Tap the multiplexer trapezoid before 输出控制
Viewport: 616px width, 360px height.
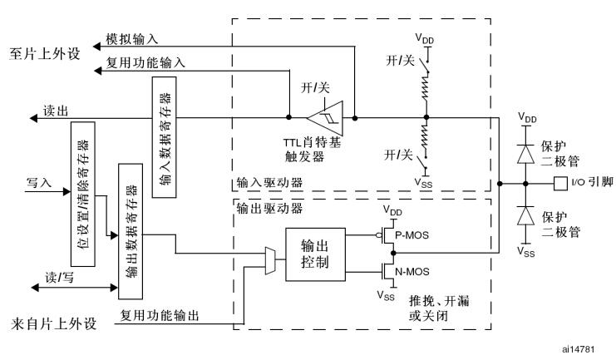click(x=269, y=259)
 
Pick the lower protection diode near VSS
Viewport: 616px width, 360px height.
click(x=525, y=215)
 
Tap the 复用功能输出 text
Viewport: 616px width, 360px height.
click(x=159, y=317)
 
